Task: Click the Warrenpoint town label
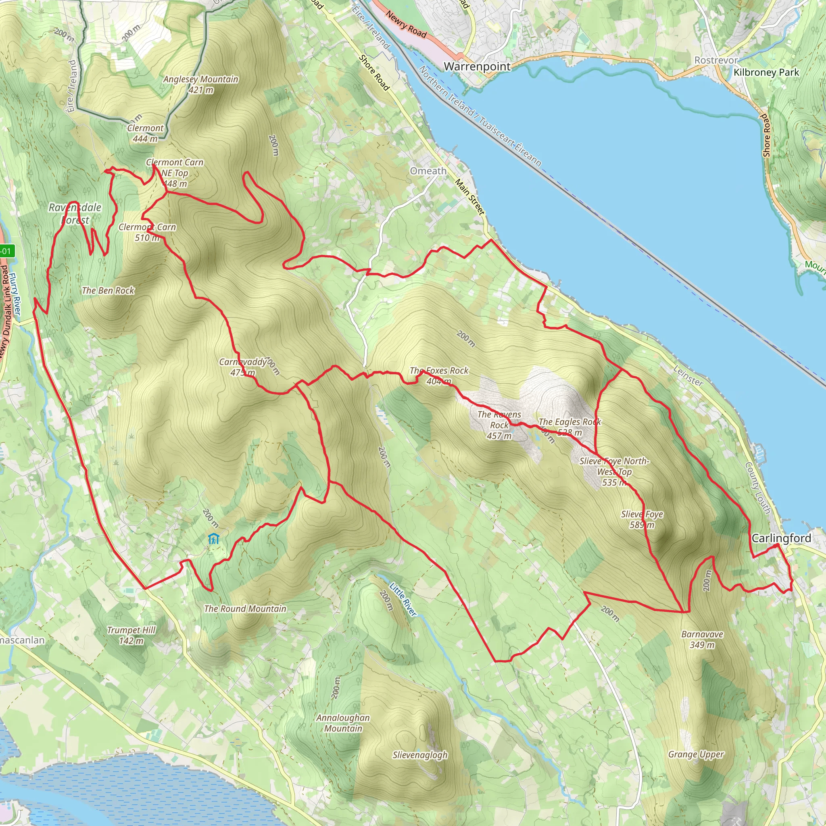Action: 477,66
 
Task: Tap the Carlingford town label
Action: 781,538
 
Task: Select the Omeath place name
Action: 428,171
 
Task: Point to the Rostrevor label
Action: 716,60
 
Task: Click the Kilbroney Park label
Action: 766,72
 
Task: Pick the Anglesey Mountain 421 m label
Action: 200,84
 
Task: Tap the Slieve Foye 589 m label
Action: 642,519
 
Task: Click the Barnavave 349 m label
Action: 702,639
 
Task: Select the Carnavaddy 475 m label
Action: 243,367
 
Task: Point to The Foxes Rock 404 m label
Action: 439,375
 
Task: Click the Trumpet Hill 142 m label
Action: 131,635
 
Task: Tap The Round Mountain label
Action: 245,608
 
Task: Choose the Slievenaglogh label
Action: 420,755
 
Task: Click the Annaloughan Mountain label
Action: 343,723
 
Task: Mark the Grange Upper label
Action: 696,755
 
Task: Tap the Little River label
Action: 403,599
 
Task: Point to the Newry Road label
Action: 406,24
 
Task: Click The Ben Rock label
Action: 108,291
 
